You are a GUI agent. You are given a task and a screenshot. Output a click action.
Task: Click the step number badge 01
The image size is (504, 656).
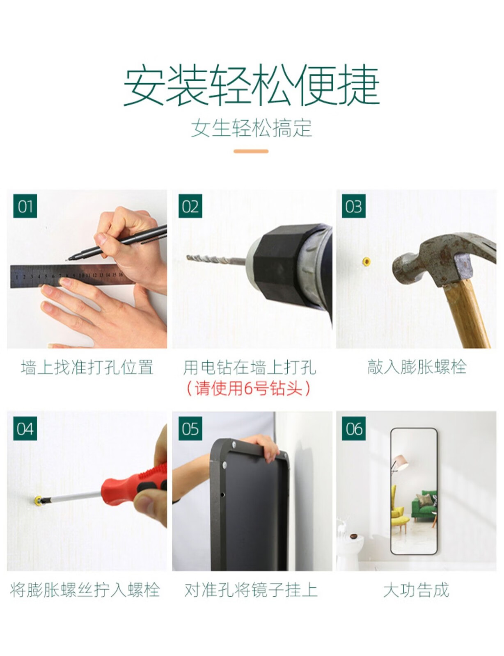[x=25, y=206]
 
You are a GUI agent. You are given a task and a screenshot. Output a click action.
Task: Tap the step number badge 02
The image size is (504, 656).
[x=190, y=206]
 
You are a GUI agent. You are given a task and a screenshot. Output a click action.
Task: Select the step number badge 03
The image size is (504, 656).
[x=354, y=206]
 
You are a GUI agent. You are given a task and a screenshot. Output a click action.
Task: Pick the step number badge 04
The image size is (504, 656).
[x=25, y=428]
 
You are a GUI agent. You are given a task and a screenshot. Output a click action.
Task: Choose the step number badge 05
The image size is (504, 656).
[x=190, y=428]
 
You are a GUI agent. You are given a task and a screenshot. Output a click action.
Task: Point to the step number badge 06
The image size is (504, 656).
[x=354, y=428]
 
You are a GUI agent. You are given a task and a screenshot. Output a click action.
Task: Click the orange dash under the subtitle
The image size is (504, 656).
[x=251, y=151]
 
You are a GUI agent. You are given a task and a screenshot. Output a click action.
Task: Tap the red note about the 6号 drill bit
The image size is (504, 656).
[x=248, y=388]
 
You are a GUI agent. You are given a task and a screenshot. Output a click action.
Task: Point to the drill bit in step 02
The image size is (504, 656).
[x=216, y=259]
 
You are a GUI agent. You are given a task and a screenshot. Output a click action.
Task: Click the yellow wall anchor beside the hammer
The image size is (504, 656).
[x=367, y=262]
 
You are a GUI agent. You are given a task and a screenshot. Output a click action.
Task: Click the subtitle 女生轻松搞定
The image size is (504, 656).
[x=252, y=128]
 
